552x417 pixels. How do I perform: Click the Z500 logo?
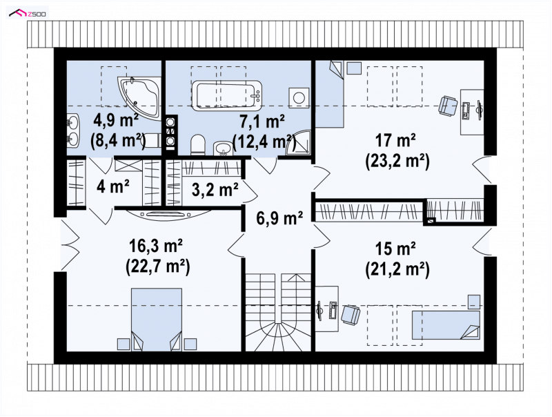click(x=28, y=13)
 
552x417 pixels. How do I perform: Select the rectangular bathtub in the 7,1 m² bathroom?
click(x=227, y=95)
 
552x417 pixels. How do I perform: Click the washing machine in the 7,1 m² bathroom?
click(x=299, y=97)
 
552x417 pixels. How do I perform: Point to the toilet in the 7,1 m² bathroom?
click(x=198, y=145)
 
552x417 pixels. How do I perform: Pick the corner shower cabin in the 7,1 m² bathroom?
click(x=298, y=142)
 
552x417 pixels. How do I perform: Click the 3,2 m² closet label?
click(x=215, y=189)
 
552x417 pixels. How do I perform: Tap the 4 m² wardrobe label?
click(x=113, y=186)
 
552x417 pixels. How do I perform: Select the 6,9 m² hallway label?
click(x=280, y=217)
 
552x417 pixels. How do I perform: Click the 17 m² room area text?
click(x=395, y=140)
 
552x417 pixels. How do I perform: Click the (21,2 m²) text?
click(x=397, y=270)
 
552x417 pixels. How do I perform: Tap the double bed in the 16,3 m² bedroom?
click(x=157, y=320)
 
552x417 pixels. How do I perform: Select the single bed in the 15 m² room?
click(x=446, y=324)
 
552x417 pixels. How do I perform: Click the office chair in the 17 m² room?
click(x=448, y=106)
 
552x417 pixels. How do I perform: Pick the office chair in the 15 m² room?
click(x=351, y=315)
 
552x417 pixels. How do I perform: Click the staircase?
click(x=278, y=312)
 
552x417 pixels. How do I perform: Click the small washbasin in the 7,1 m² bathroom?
click(x=222, y=148)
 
